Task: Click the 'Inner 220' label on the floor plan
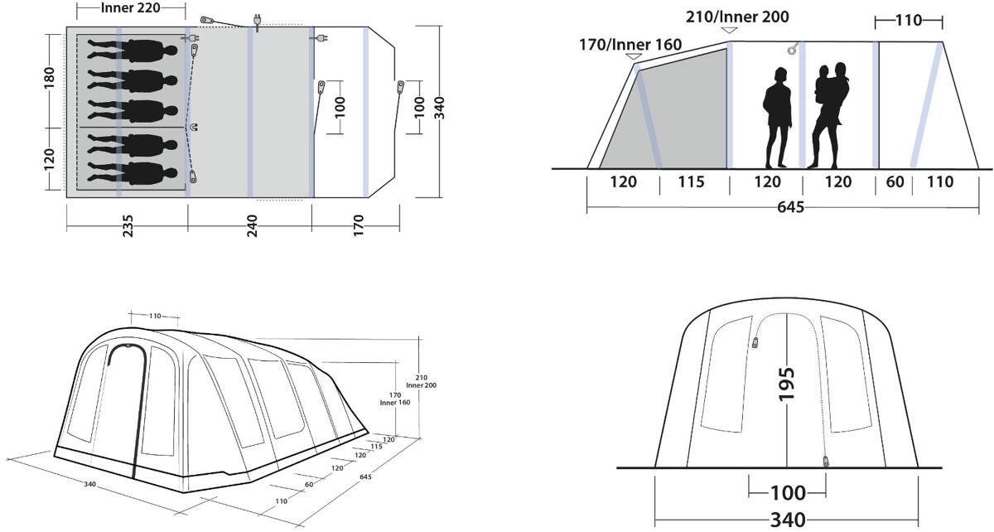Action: pos(131,8)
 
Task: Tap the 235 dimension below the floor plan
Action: pos(128,226)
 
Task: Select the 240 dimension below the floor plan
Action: pos(252,226)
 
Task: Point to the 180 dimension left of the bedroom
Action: pos(49,78)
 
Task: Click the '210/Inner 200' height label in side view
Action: pos(737,17)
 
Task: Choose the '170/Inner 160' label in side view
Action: pos(630,45)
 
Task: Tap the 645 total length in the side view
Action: pos(791,207)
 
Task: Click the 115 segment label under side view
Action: pos(692,182)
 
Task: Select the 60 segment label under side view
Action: pos(895,182)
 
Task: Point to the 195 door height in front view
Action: pos(786,384)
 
